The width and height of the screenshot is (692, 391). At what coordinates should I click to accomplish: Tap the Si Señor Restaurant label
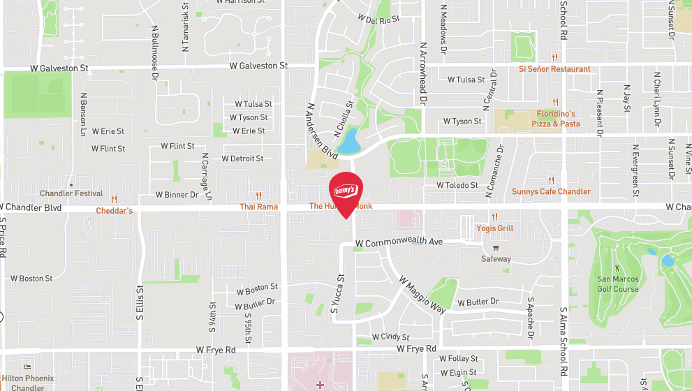tap(554, 69)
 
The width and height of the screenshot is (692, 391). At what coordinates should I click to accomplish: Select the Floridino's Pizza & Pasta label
tap(556, 119)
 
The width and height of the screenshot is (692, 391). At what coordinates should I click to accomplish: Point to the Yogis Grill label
tap(494, 228)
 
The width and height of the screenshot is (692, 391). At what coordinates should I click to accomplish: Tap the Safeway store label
tap(496, 259)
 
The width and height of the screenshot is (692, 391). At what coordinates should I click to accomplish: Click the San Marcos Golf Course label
tap(617, 284)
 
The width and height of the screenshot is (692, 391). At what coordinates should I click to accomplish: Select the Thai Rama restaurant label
tap(258, 207)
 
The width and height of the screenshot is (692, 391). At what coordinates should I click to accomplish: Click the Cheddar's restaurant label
tap(114, 210)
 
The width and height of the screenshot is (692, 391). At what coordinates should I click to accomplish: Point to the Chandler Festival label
tap(71, 193)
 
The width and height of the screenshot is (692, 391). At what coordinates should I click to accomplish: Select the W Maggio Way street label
tap(422, 294)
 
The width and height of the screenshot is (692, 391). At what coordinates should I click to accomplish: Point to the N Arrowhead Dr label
tap(422, 73)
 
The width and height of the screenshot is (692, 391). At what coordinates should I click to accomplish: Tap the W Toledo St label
tap(457, 186)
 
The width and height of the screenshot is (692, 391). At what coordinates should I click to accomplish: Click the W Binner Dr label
tap(177, 195)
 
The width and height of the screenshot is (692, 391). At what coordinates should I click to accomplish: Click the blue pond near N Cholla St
tap(347, 141)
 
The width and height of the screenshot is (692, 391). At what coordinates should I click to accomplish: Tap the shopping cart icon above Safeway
tap(496, 247)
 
